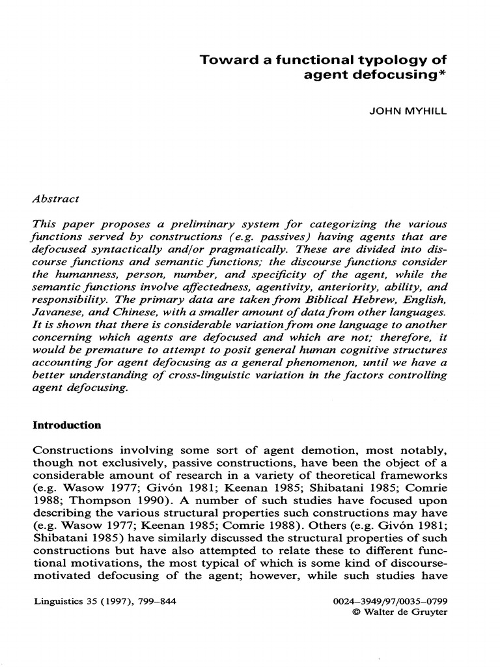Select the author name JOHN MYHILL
[x=408, y=111]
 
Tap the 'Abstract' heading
[x=56, y=198]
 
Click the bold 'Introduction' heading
[x=67, y=425]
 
